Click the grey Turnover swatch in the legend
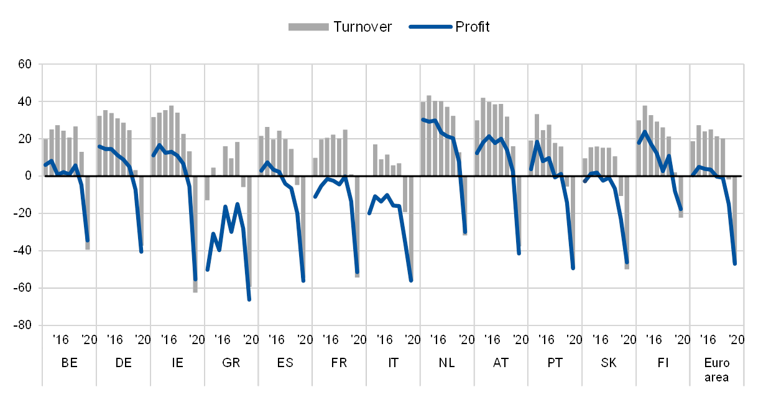coord(308,27)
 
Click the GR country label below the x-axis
coord(231,362)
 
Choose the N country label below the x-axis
coord(443,362)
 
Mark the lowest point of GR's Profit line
coord(249,300)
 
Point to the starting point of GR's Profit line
coord(207,270)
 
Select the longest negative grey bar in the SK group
coord(627,222)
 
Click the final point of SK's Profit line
coord(627,263)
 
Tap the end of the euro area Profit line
coord(735,264)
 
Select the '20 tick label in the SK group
coord(629,339)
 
